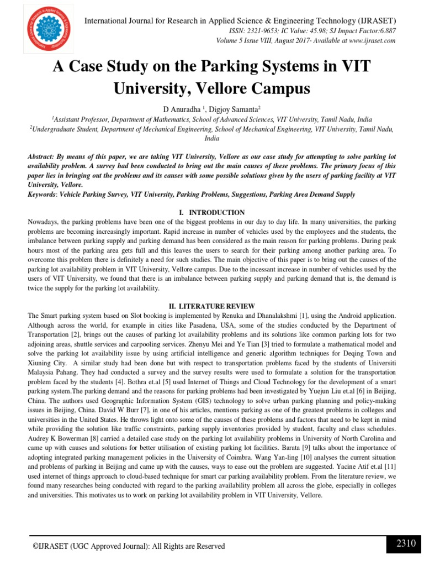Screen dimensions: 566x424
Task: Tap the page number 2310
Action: [406, 543]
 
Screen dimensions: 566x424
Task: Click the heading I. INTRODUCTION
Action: [212, 212]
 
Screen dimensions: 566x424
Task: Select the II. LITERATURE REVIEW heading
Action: [212, 306]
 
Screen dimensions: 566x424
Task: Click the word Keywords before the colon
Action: [42, 195]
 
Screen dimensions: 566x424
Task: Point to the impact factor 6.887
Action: [384, 31]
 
